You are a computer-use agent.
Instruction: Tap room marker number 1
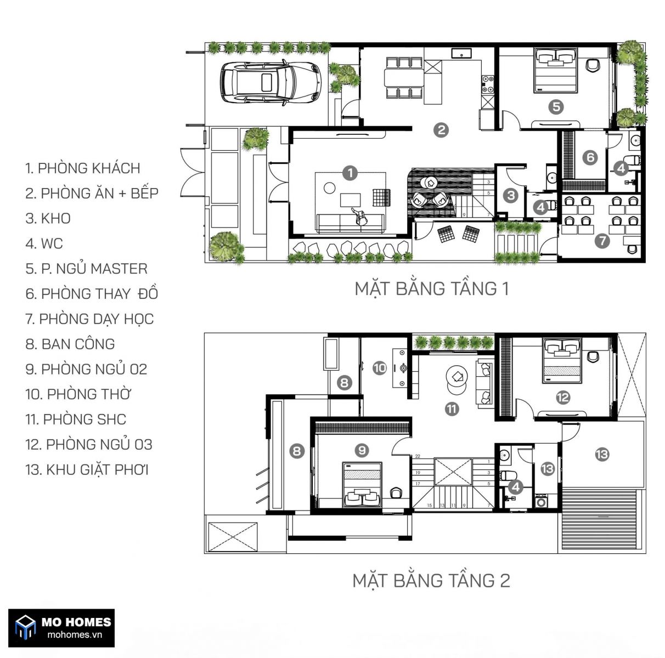[x=350, y=173]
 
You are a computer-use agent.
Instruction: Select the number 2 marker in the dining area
[x=441, y=130]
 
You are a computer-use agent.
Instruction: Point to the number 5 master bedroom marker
[x=556, y=107]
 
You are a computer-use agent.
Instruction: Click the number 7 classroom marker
[x=602, y=241]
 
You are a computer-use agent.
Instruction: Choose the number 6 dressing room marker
[x=590, y=158]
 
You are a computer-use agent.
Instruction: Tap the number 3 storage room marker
[x=511, y=196]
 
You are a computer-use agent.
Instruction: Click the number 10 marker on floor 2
[x=380, y=368]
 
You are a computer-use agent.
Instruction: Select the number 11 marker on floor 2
[x=452, y=409]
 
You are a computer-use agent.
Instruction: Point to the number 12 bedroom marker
[x=563, y=398]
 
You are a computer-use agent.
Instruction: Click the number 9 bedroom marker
[x=362, y=450]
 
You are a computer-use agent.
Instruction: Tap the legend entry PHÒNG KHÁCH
[x=83, y=168]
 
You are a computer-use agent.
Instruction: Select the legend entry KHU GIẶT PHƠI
[x=87, y=469]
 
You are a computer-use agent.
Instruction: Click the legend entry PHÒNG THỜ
[x=78, y=394]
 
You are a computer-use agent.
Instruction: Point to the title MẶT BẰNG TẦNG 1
[x=432, y=289]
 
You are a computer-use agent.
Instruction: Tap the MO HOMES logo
[x=61, y=628]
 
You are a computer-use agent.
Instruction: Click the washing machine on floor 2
[x=541, y=501]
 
